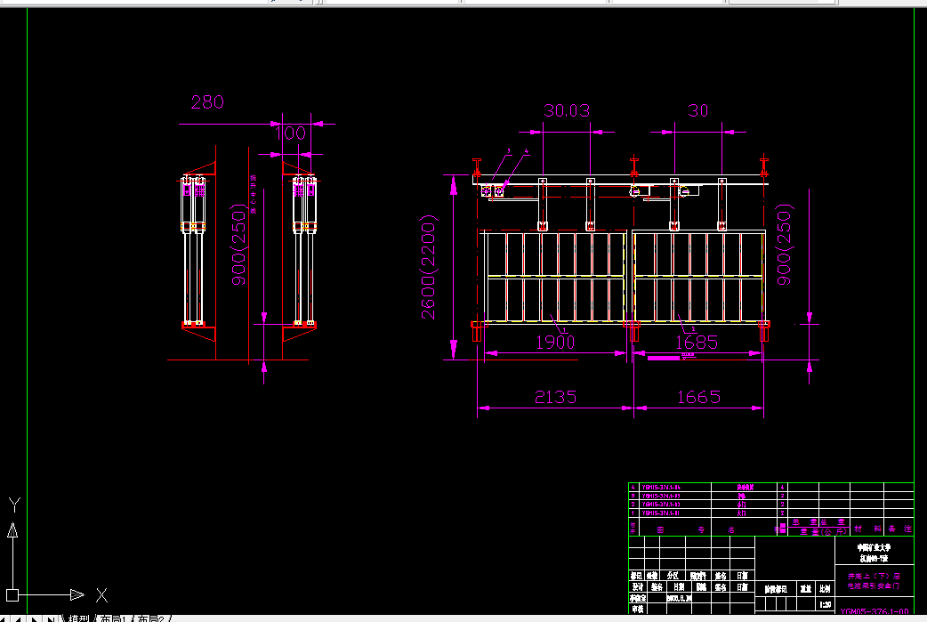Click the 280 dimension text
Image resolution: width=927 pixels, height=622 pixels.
tap(207, 102)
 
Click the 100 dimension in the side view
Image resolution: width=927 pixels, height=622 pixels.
tap(290, 133)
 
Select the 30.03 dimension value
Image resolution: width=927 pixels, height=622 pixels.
tap(567, 111)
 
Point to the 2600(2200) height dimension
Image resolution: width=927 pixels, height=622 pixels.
tap(429, 271)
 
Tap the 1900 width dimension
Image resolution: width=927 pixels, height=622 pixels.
tap(556, 342)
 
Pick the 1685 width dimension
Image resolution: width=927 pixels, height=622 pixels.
tap(697, 342)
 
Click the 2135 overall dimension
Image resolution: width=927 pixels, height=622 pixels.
tap(556, 397)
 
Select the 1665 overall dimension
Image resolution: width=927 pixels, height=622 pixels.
tap(698, 397)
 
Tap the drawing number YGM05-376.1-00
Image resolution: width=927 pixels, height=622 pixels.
tap(875, 611)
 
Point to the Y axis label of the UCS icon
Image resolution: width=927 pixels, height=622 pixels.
tap(13, 504)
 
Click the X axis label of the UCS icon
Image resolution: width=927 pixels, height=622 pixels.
tap(101, 594)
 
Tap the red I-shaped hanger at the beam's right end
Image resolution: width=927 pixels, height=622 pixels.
tap(764, 167)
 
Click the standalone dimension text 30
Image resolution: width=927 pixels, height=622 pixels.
tap(698, 111)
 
